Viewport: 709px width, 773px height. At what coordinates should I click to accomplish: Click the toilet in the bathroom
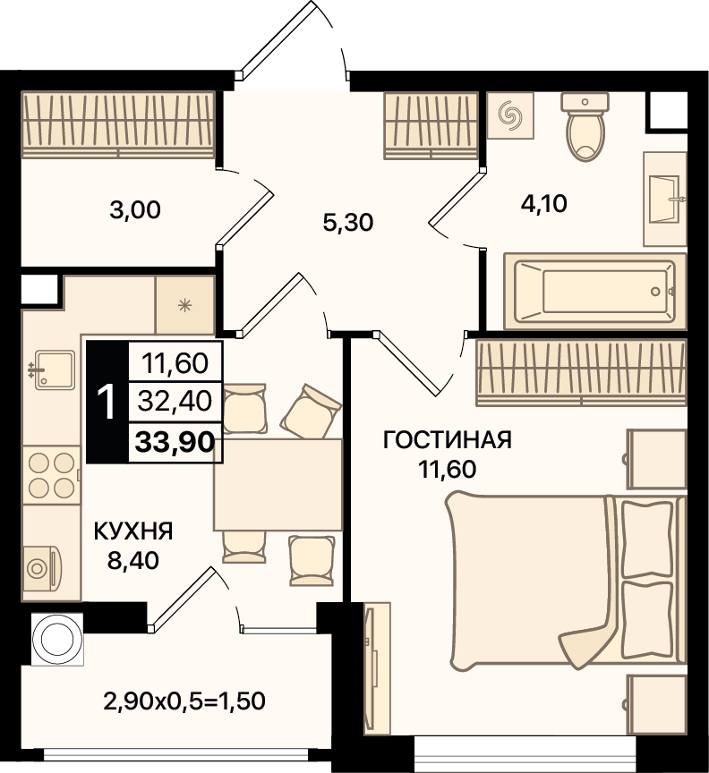click(x=585, y=126)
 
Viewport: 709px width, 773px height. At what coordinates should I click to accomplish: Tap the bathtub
click(x=595, y=292)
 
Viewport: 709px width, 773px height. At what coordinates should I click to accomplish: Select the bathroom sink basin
click(x=665, y=200)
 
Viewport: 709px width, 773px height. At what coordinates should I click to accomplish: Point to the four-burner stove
click(x=51, y=475)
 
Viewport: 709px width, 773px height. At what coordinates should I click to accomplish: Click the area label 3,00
click(x=134, y=210)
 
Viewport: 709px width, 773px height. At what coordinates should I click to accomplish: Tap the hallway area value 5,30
click(x=348, y=223)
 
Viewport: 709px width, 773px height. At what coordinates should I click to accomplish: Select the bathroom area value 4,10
click(x=543, y=203)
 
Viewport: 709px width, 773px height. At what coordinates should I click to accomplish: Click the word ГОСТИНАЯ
click(x=448, y=440)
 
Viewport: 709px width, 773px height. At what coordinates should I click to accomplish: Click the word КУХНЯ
click(x=133, y=532)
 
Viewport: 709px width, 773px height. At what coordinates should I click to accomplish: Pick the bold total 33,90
click(x=175, y=442)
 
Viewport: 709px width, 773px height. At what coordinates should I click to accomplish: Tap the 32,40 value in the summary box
click(x=175, y=401)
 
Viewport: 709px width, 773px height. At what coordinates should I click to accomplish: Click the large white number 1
click(x=107, y=403)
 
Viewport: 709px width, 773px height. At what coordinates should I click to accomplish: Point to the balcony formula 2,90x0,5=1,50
click(x=184, y=701)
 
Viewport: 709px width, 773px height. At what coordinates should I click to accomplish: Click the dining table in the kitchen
click(x=278, y=485)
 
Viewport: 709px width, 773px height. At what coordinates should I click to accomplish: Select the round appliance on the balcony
click(x=57, y=640)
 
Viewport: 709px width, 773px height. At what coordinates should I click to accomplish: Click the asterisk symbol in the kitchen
click(x=185, y=306)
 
